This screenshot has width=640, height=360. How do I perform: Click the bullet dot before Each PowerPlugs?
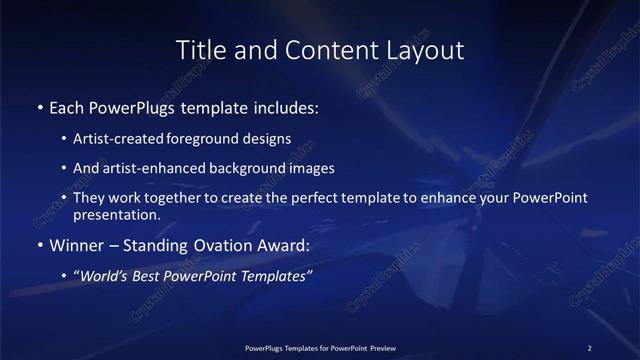(39, 106)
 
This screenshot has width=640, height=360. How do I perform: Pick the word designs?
(268, 139)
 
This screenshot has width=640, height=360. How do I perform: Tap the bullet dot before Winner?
(39, 245)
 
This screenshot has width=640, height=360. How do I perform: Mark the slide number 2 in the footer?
(589, 347)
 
